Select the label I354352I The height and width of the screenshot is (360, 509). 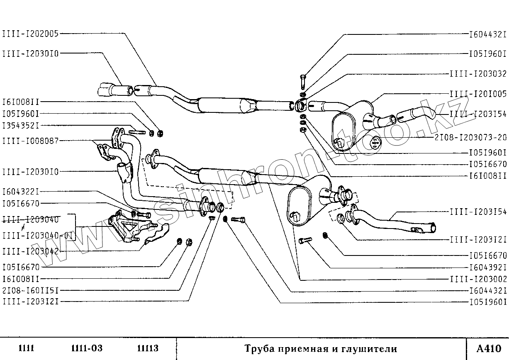point(26,125)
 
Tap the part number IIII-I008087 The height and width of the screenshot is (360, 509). point(30,141)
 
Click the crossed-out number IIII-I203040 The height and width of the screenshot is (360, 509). point(30,219)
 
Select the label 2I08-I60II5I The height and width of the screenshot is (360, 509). point(30,290)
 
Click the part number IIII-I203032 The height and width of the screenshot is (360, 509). point(478,74)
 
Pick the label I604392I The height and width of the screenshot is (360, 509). point(488,267)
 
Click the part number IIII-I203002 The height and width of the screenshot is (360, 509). point(478,278)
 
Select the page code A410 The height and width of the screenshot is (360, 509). point(489,348)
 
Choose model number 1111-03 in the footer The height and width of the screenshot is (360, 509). point(87,348)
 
